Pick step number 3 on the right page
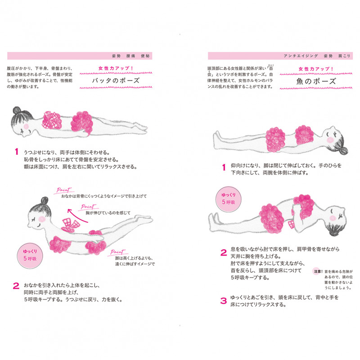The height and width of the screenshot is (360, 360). tap(223, 301)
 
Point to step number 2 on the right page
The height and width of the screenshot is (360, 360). tap(223, 253)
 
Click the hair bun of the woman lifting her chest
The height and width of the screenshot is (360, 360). tap(44, 200)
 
